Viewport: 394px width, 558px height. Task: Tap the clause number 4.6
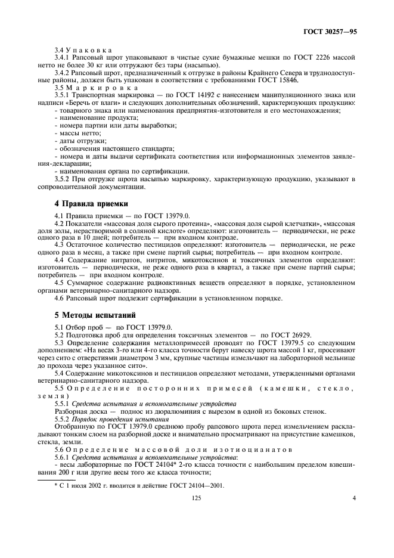point(60,297)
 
